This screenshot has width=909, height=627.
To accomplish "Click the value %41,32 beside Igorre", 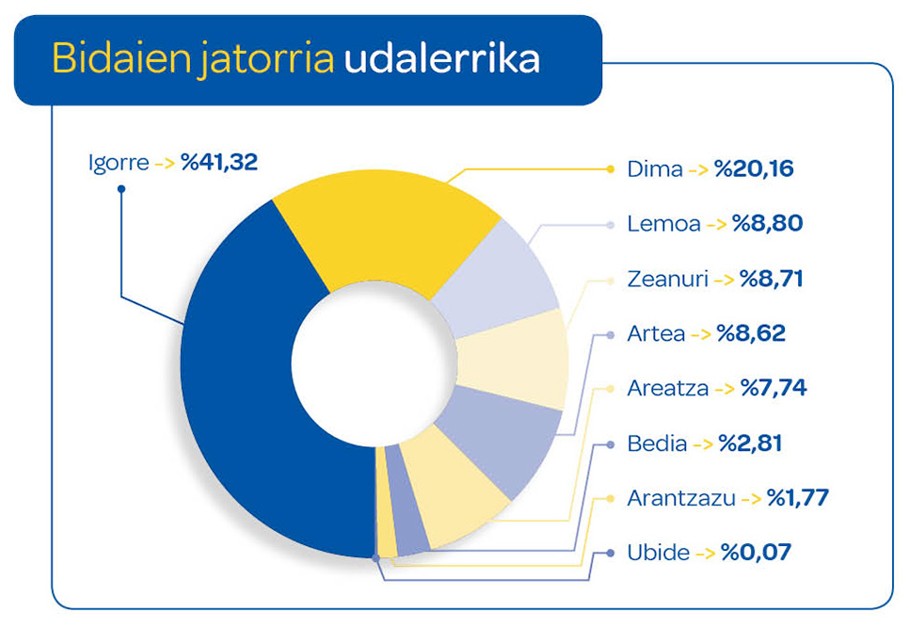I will tap(220, 163).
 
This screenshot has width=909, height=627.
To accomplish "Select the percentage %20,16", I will tap(754, 170).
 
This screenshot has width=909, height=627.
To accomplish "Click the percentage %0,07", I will tap(756, 552).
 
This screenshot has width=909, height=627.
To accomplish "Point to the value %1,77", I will tap(797, 497).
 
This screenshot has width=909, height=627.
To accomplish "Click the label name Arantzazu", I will tap(680, 497).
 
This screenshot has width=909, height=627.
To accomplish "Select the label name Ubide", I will tap(658, 552).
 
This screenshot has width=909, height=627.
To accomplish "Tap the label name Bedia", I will tap(657, 442).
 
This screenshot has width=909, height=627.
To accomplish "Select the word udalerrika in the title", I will tap(441, 58).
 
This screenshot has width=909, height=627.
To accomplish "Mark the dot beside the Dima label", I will tap(609, 170).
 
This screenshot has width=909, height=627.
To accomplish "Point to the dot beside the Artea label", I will tap(609, 333).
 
